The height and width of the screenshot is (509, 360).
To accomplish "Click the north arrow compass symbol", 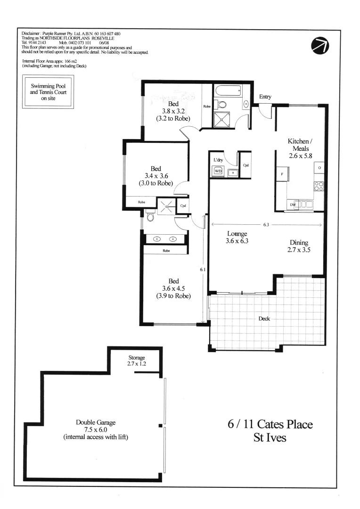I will pos(321,45).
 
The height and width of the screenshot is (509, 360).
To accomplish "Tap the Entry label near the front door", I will pos(265,97).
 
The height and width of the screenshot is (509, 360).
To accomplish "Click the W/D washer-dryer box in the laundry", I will pos(218,172).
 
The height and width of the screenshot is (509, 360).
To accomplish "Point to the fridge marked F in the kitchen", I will pos(282,174).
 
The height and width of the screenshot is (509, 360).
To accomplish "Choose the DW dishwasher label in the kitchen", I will pos(293,205).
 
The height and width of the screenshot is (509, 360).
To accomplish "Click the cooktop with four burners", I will pos(319,186).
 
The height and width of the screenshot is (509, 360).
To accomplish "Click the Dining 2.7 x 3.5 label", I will pos(299,247).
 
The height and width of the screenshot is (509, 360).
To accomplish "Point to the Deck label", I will pos(264,319).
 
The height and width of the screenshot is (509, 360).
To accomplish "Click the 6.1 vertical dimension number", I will pos(203,270).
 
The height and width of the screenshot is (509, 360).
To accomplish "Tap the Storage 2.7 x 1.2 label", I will pos(137,361).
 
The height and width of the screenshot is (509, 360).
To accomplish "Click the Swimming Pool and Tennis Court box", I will pos(49,93).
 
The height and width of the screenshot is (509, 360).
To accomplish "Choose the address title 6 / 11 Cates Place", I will pos(270,424).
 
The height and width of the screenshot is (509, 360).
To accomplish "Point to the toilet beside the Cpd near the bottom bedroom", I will pos(150,216).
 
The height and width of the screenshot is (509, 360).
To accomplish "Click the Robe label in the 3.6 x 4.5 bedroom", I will pos(166,251).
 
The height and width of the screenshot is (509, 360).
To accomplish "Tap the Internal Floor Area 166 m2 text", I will pos(53,63).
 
